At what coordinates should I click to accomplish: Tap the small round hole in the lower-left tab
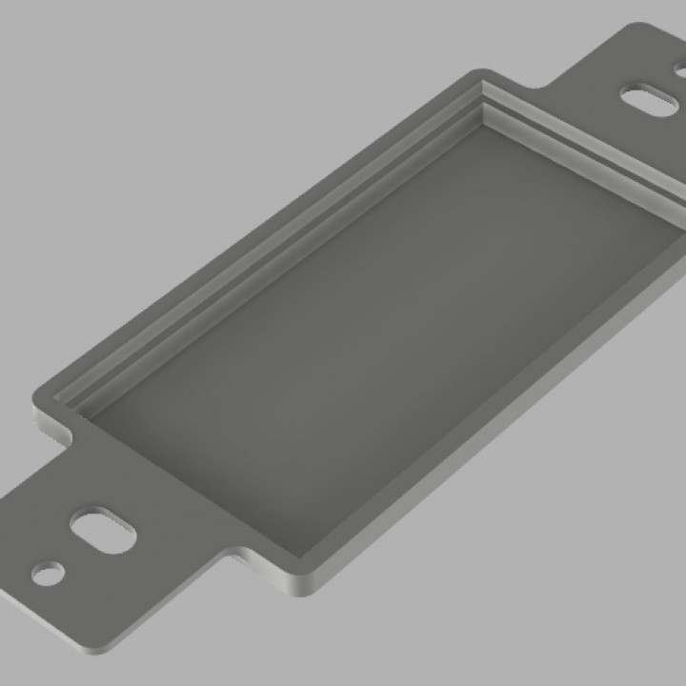[x=48, y=574]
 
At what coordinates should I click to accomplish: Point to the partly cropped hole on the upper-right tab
[x=680, y=71]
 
